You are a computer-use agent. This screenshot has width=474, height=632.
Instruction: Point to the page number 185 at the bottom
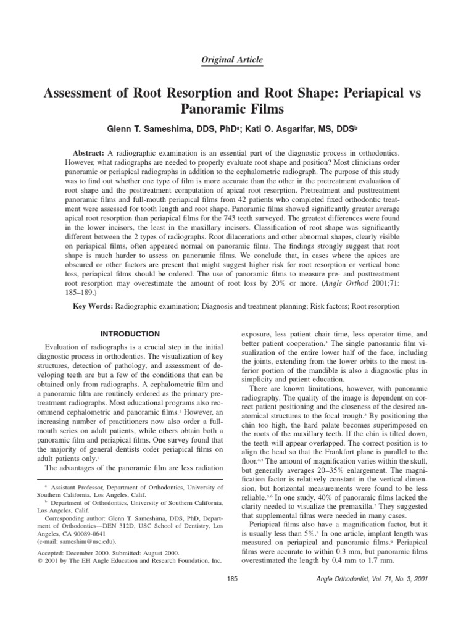[x=233, y=579]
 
